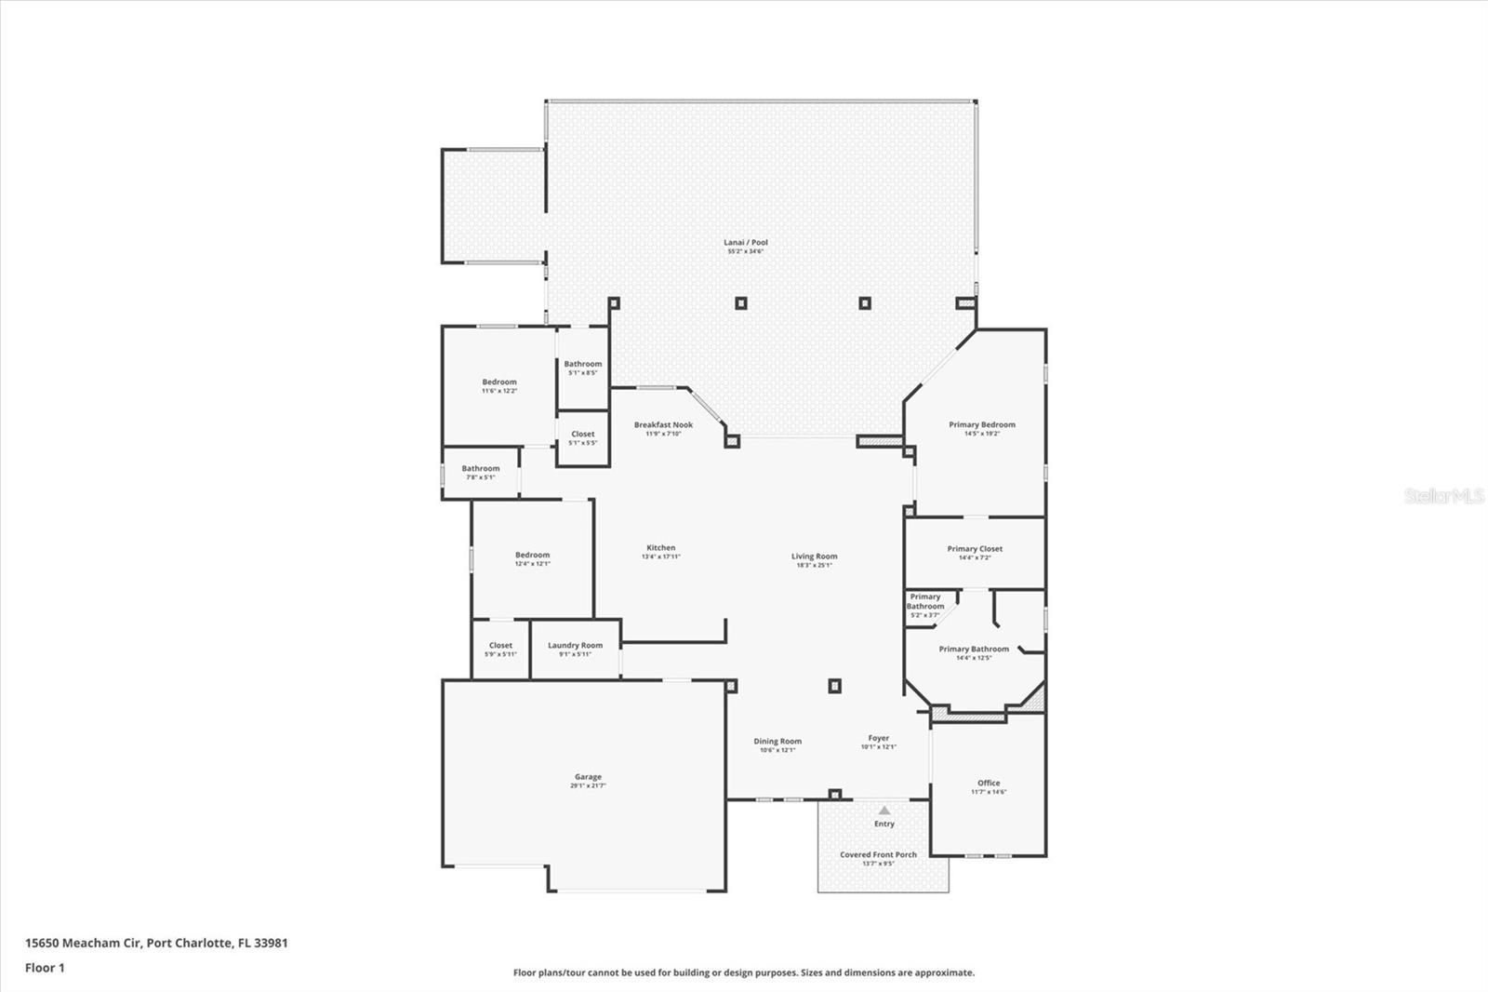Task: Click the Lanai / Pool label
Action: click(x=746, y=242)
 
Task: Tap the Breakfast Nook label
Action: click(x=663, y=424)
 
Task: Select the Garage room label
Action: click(x=588, y=776)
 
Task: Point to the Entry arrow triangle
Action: click(x=884, y=811)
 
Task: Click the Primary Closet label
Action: click(x=975, y=548)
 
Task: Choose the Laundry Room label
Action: click(x=575, y=645)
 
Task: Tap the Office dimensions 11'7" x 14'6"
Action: click(x=989, y=792)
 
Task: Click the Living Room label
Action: click(x=814, y=556)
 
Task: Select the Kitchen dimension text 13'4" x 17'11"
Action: click(x=661, y=556)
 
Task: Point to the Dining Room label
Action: click(x=777, y=741)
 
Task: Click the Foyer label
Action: click(x=879, y=737)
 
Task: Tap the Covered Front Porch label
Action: click(x=878, y=854)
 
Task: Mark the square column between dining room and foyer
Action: click(x=834, y=686)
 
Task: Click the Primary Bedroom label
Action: click(x=982, y=424)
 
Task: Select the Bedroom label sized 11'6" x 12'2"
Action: click(x=499, y=382)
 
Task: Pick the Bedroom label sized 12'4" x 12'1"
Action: click(x=533, y=555)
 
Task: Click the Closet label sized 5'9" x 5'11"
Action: click(x=500, y=645)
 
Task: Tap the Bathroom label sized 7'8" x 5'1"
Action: click(x=481, y=468)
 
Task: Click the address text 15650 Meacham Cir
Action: click(x=84, y=943)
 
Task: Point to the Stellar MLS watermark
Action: click(x=1444, y=496)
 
